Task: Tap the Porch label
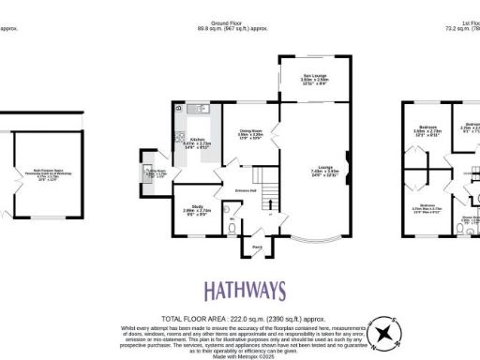(255, 247)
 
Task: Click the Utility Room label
(153, 173)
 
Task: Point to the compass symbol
(383, 332)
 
